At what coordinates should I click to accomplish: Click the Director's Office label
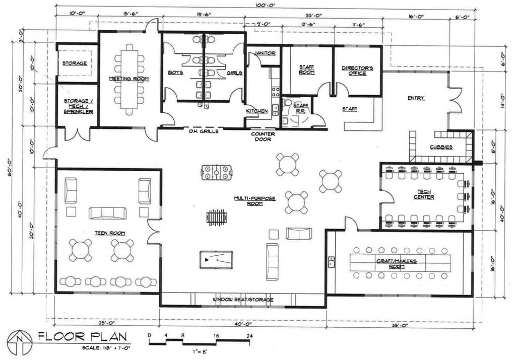[357, 70]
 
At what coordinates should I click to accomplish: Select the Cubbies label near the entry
[441, 147]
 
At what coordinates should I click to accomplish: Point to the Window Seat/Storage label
[243, 300]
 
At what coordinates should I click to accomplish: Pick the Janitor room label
[264, 52]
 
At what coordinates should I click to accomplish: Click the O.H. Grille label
[203, 131]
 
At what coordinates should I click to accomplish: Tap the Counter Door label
[263, 137]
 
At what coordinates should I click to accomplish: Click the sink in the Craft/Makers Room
[332, 261]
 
